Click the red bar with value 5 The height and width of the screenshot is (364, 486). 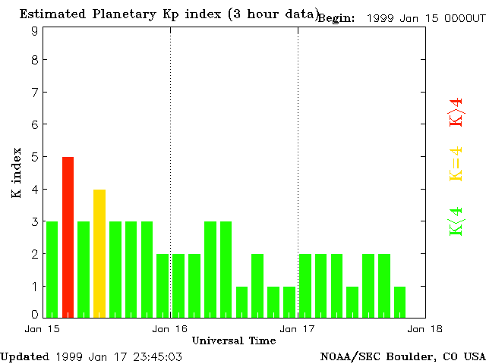click(x=68, y=237)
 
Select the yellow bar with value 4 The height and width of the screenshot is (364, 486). click(x=99, y=253)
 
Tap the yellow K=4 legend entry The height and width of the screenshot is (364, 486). click(x=456, y=164)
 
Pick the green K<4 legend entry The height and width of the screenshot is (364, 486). click(x=456, y=221)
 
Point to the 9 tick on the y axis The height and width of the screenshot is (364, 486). click(x=35, y=31)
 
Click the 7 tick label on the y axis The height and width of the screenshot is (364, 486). click(x=35, y=92)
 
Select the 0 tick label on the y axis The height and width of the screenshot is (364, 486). click(x=35, y=315)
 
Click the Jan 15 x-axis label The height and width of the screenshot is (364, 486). click(x=43, y=329)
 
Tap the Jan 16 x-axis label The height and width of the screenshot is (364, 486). click(x=170, y=329)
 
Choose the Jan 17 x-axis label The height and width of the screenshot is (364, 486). click(x=298, y=329)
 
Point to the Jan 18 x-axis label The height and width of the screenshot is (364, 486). click(x=425, y=329)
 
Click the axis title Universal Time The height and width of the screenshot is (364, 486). click(x=234, y=340)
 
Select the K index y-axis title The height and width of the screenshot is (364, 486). click(x=17, y=173)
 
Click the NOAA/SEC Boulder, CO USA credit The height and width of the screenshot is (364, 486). click(x=402, y=356)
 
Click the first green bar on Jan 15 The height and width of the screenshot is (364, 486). click(x=52, y=268)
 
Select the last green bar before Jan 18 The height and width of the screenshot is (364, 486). click(x=399, y=301)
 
